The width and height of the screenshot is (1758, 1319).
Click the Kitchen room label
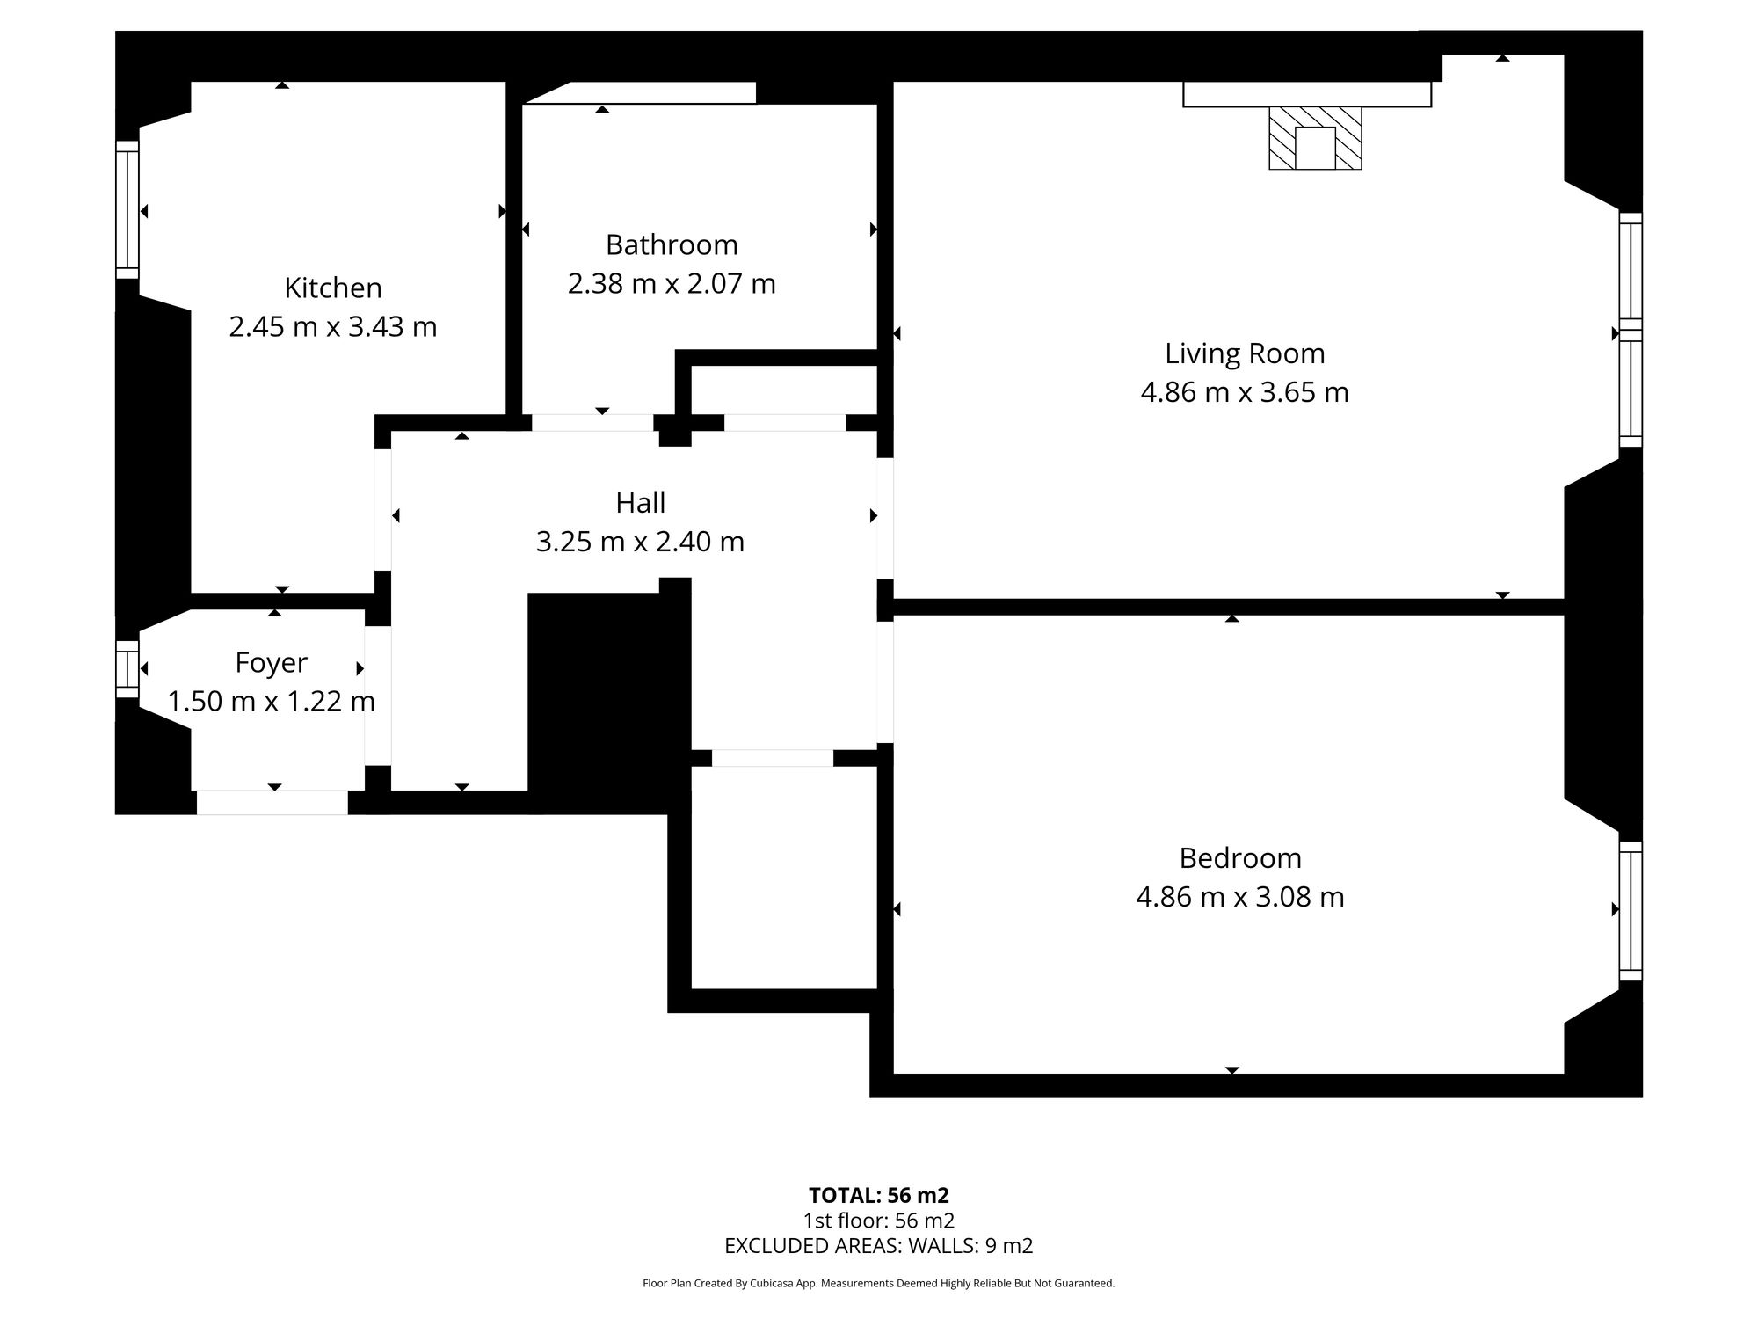(332, 288)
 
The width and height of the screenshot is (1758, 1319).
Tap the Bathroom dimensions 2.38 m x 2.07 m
(672, 284)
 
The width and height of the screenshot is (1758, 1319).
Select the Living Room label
(1244, 353)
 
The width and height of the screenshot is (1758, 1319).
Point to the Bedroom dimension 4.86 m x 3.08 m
(1239, 897)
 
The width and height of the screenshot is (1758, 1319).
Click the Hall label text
(640, 502)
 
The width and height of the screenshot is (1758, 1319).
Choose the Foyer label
(271, 662)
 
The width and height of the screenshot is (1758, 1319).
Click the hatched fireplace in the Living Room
(1315, 138)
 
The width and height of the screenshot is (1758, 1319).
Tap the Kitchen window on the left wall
(127, 210)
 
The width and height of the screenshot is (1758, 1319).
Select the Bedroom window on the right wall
(1631, 910)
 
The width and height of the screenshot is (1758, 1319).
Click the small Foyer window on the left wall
(127, 668)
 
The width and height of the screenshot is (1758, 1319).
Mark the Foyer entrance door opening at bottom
(272, 802)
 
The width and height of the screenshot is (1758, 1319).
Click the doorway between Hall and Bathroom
(592, 422)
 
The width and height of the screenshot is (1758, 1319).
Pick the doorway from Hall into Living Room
(885, 518)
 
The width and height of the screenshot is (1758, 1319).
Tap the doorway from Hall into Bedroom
(885, 681)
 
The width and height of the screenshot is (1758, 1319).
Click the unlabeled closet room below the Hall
(784, 877)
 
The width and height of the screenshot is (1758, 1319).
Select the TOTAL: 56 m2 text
(878, 1195)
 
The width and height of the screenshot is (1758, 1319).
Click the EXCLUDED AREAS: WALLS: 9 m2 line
(878, 1245)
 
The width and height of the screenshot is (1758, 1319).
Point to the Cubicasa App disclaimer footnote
(878, 1283)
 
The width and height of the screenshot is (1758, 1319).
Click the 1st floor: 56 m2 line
(878, 1221)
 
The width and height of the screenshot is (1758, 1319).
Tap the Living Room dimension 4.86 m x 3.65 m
(1244, 392)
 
